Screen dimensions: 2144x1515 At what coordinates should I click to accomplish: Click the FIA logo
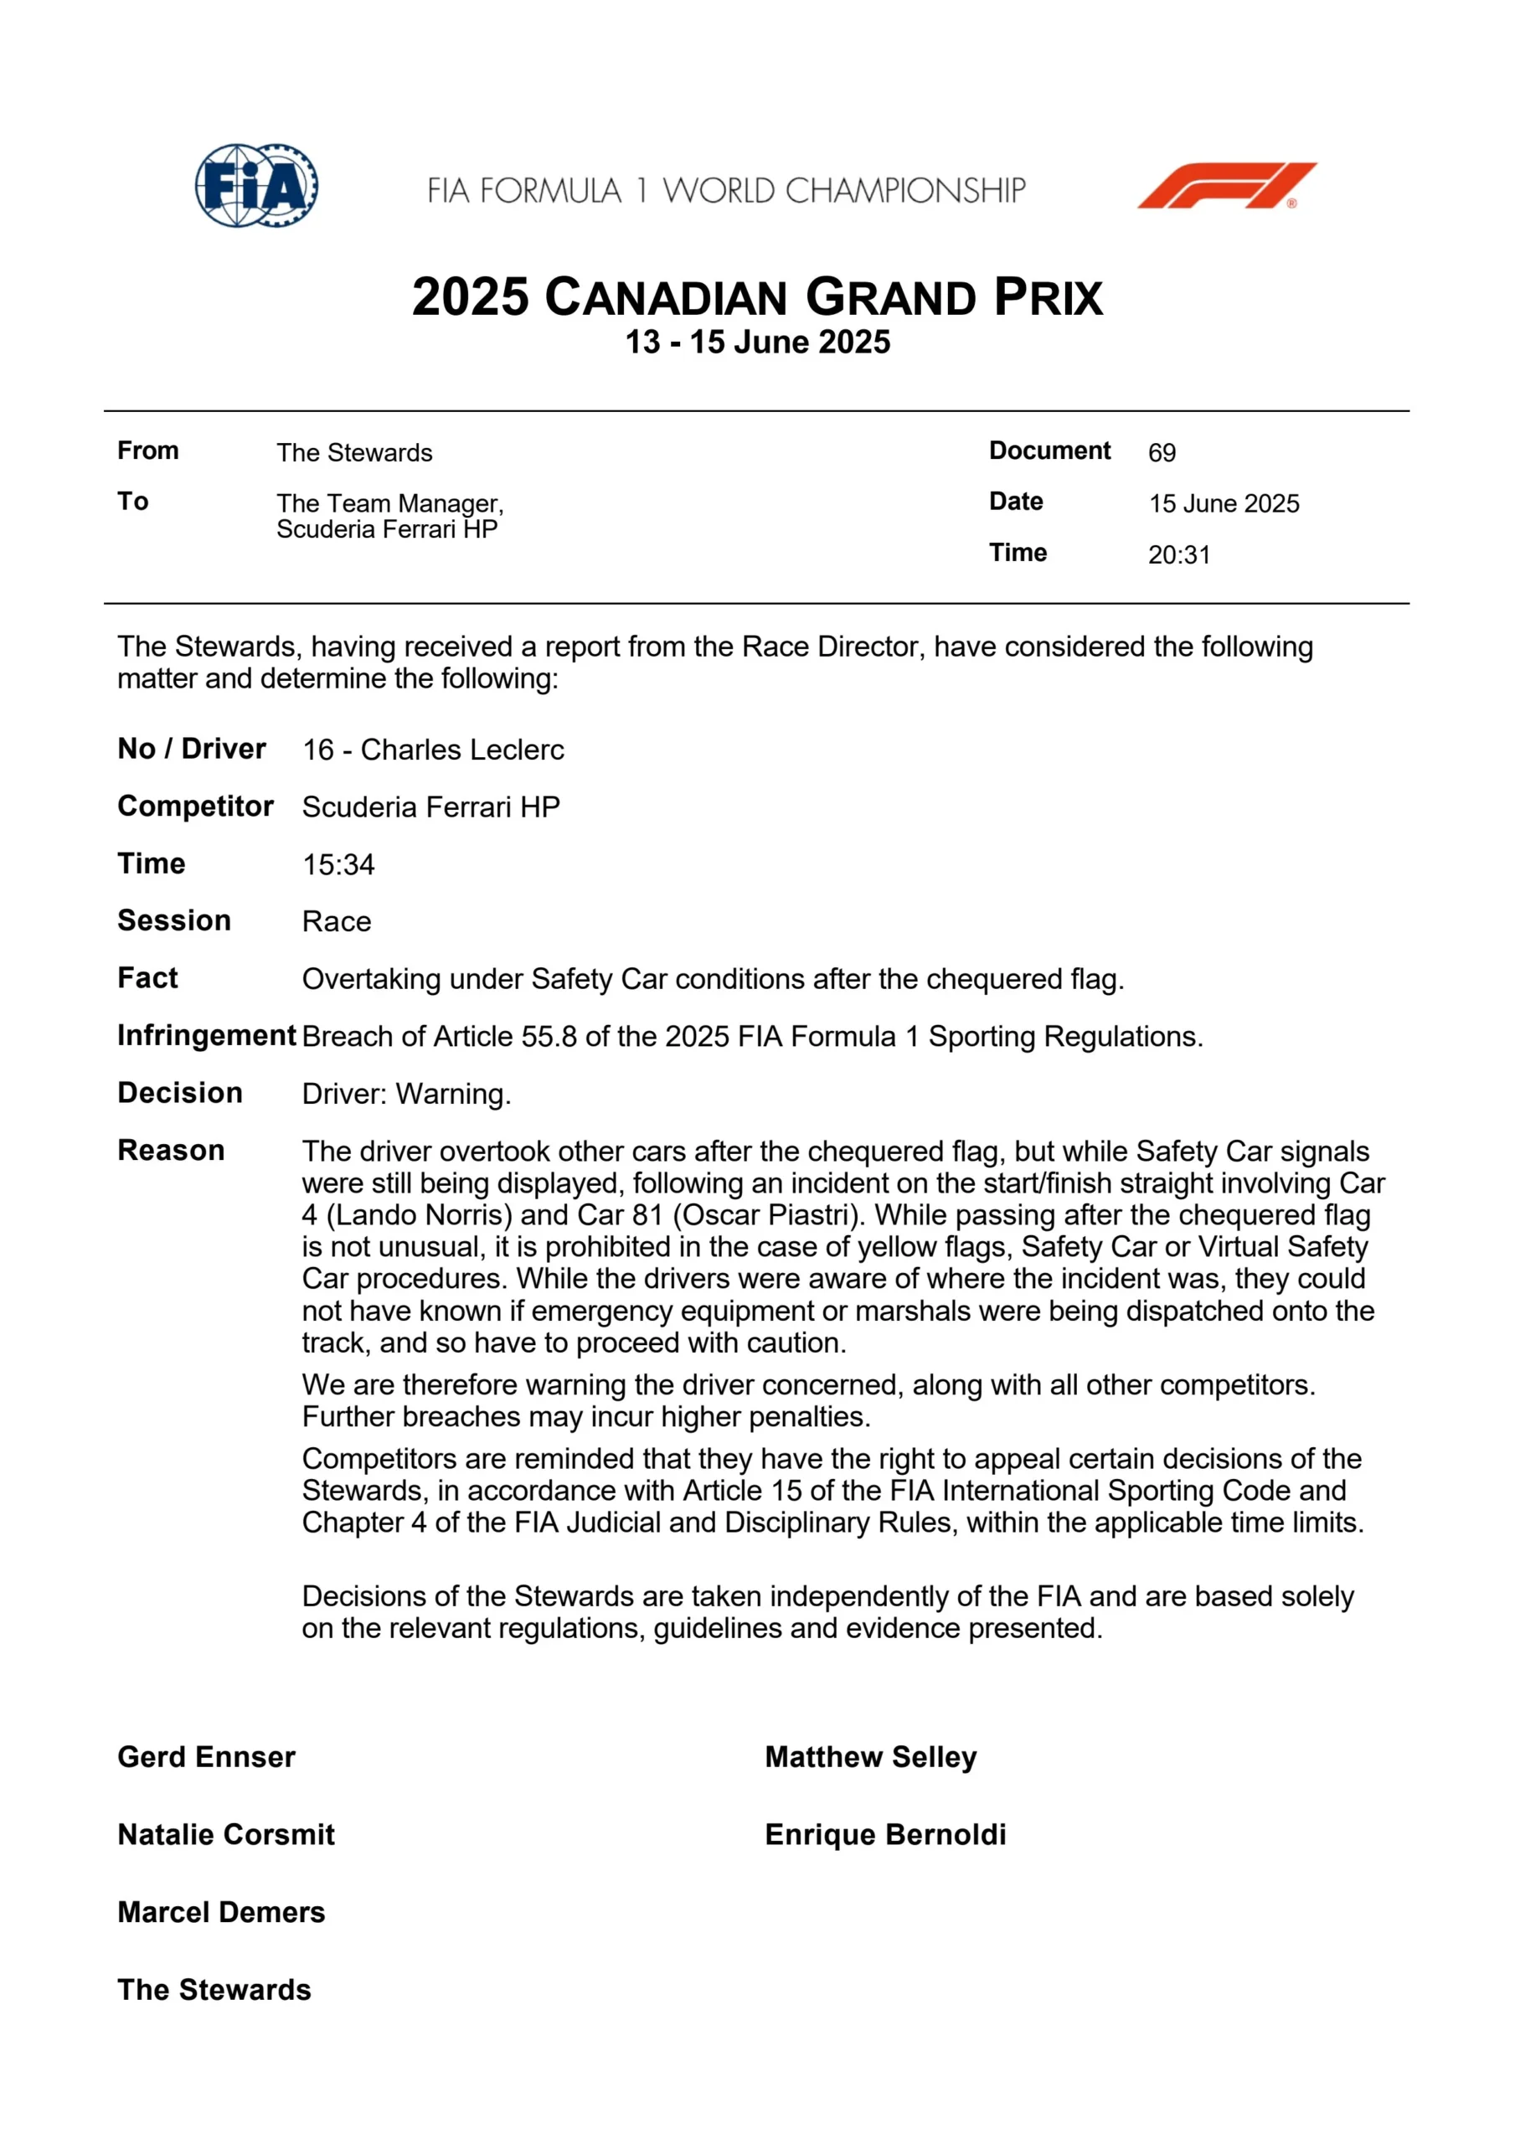[x=256, y=185]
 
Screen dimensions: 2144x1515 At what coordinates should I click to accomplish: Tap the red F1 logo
[x=1225, y=185]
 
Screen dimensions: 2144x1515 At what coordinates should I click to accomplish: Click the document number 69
[x=1161, y=453]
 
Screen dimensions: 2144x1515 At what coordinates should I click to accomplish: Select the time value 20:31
[x=1178, y=554]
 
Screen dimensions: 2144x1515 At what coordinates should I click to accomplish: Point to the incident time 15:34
[x=338, y=864]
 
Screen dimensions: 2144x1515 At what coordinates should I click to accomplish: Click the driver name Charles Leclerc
[x=462, y=750]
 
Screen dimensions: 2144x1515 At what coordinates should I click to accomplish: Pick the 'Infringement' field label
[x=206, y=1036]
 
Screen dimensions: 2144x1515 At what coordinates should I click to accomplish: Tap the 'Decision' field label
[x=180, y=1093]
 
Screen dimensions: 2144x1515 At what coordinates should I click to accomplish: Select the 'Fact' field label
[x=147, y=977]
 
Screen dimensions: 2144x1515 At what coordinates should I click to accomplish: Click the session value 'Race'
[x=337, y=921]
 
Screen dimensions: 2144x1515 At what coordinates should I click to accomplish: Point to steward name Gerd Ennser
[x=206, y=1757]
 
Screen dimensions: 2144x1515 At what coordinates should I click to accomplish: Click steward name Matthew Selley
[x=870, y=1757]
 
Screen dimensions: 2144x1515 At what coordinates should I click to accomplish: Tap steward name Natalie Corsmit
[x=226, y=1835]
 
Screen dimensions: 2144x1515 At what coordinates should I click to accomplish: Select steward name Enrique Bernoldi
[x=885, y=1835]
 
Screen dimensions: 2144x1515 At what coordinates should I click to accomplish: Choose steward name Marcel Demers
[x=221, y=1912]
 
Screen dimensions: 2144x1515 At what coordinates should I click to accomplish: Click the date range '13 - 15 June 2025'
[x=757, y=343]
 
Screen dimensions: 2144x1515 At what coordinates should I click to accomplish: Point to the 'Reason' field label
[x=171, y=1151]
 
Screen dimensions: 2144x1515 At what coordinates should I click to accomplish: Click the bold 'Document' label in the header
[x=1050, y=451]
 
